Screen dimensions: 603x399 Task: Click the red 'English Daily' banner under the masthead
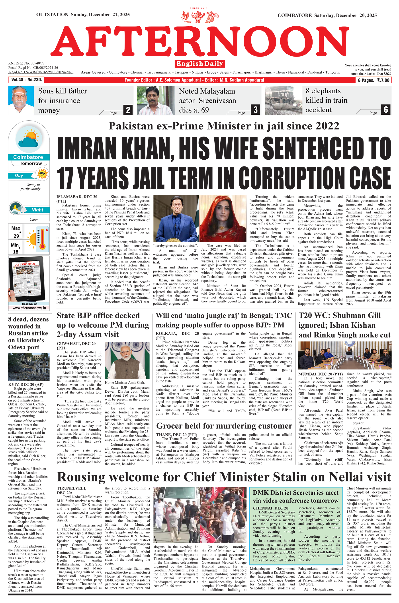pyautogui.click(x=199, y=64)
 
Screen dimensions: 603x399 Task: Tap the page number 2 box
pyautogui.click(x=128, y=110)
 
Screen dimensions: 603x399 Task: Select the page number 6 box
pyautogui.click(x=386, y=110)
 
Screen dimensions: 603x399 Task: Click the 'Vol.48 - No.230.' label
pyautogui.click(x=26, y=80)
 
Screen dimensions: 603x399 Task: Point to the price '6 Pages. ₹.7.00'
pyautogui.click(x=373, y=80)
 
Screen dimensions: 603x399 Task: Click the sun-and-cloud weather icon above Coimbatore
pyautogui.click(x=29, y=139)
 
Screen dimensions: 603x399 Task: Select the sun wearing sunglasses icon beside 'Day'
pyautogui.click(x=43, y=174)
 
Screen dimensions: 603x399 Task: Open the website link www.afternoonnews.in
pyautogui.click(x=29, y=308)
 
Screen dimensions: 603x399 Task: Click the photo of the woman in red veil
pyautogui.click(x=223, y=218)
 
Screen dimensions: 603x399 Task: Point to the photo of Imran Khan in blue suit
pyautogui.click(x=176, y=218)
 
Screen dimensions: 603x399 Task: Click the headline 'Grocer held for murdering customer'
pyautogui.click(x=224, y=426)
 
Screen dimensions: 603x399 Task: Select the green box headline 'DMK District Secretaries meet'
pyautogui.click(x=296, y=493)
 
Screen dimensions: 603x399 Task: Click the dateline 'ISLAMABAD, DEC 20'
pyautogui.click(x=77, y=197)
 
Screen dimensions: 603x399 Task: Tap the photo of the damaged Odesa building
pyautogui.click(x=29, y=366)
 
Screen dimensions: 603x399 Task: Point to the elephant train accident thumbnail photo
pyautogui.click(x=283, y=100)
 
